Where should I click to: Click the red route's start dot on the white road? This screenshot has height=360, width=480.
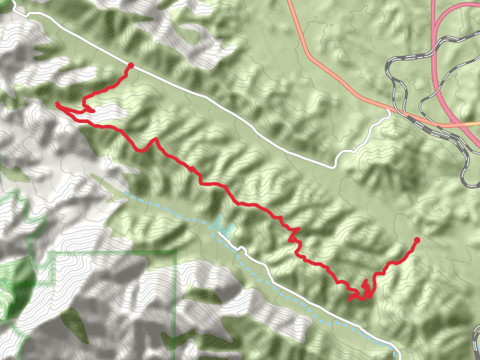130,65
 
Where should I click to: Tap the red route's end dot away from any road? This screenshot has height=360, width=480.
416,240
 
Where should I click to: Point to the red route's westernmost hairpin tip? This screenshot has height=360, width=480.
58,104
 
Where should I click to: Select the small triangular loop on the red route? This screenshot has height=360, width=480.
88,109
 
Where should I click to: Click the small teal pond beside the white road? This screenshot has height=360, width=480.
226,229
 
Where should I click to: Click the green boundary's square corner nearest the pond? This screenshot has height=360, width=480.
175,253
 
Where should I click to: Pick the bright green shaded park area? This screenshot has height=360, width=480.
15,288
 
